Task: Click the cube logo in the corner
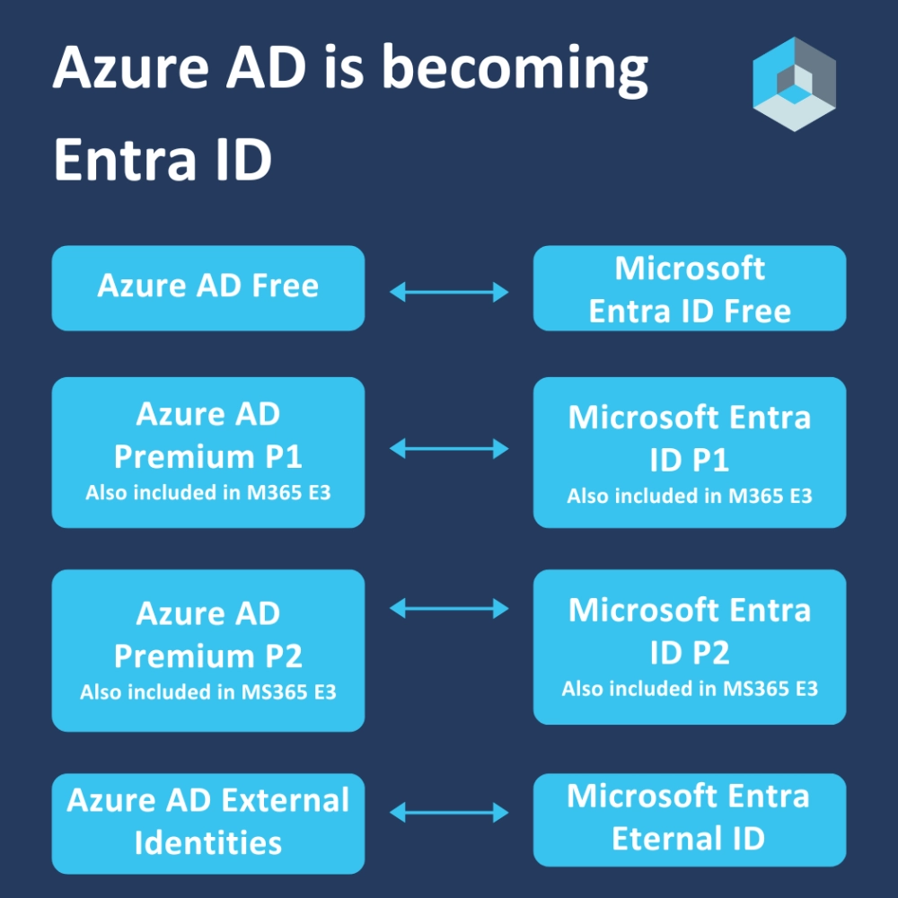pyautogui.click(x=794, y=84)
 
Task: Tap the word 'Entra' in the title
pyautogui.click(x=119, y=161)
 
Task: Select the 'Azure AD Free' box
pyautogui.click(x=208, y=287)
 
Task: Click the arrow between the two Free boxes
pyautogui.click(x=449, y=291)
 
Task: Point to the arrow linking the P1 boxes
pyautogui.click(x=449, y=448)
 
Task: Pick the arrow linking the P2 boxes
pyautogui.click(x=449, y=609)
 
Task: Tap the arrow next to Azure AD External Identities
pyautogui.click(x=449, y=814)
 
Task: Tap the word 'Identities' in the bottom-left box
pyautogui.click(x=208, y=843)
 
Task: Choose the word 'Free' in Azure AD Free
pyautogui.click(x=285, y=286)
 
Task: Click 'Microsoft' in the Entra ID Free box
pyautogui.click(x=690, y=269)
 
